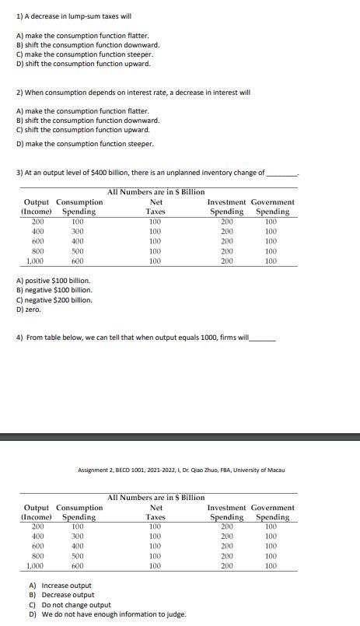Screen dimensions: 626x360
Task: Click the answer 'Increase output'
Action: [60, 586]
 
